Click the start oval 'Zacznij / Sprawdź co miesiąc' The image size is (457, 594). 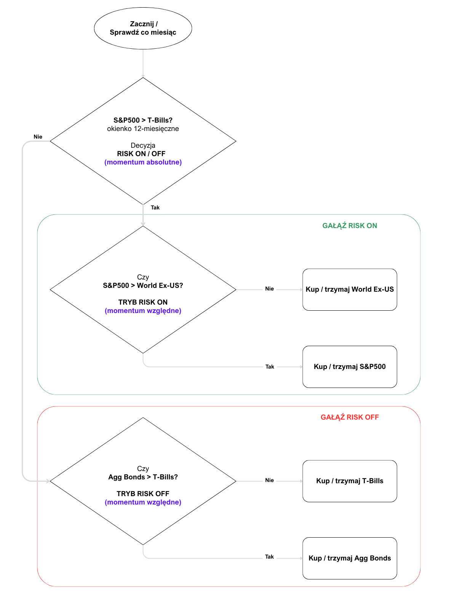pos(143,28)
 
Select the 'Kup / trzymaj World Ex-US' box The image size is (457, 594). pos(350,289)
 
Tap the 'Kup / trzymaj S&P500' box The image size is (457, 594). pos(350,367)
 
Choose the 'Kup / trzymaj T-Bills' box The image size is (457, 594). pos(350,481)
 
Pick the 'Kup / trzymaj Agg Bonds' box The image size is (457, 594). pos(350,558)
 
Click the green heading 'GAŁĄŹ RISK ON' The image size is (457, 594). pos(350,225)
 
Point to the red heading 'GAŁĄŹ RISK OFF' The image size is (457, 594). pos(350,417)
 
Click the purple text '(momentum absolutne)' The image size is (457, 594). pos(143,162)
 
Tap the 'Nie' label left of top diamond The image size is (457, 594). pos(38,137)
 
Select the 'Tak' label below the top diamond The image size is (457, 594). pos(155,208)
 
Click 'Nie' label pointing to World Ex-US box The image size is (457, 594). pos(269,289)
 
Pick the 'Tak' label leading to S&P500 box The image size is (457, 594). pos(270,367)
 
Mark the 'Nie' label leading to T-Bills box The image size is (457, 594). pos(269,480)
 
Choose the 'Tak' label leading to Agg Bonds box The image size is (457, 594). pos(269,557)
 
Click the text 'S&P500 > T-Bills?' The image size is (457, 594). pos(143,120)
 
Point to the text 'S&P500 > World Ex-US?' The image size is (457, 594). pos(143,286)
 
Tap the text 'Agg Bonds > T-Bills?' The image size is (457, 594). pos(143,477)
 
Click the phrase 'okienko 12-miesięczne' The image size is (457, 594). pos(143,129)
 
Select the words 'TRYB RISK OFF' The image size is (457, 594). pos(143,494)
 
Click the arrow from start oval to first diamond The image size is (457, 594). pos(143,63)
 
